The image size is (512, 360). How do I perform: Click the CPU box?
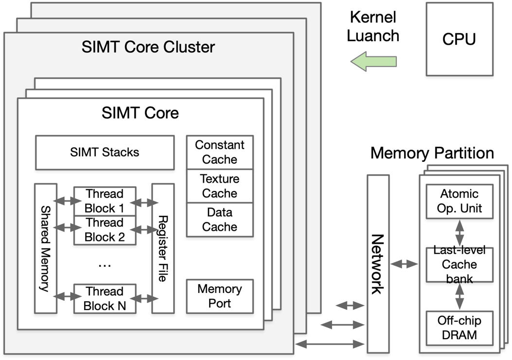tap(459, 39)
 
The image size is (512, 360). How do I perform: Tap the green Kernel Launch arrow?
tap(373, 62)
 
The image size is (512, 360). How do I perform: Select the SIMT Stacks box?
tap(105, 153)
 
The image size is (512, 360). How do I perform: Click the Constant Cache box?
tap(220, 152)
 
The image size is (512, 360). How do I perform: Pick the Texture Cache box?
tap(220, 186)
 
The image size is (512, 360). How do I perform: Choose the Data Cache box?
tap(220, 220)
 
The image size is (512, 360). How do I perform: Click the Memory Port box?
tap(220, 296)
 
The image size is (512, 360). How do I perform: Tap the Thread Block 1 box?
tap(105, 201)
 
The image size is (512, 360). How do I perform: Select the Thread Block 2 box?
tap(105, 230)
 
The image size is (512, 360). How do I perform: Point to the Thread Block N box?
tap(105, 298)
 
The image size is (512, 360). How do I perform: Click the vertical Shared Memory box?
tap(46, 248)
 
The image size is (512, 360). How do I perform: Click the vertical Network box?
tap(378, 264)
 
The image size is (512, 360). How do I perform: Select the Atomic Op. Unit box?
tap(459, 201)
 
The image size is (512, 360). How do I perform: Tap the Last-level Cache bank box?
tap(459, 265)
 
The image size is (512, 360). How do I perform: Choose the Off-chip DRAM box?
tap(459, 327)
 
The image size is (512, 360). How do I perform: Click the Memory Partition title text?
tap(432, 154)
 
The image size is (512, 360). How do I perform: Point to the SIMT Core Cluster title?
tap(148, 47)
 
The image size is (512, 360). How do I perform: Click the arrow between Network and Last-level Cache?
tap(405, 264)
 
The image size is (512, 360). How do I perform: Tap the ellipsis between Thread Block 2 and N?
tap(105, 265)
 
